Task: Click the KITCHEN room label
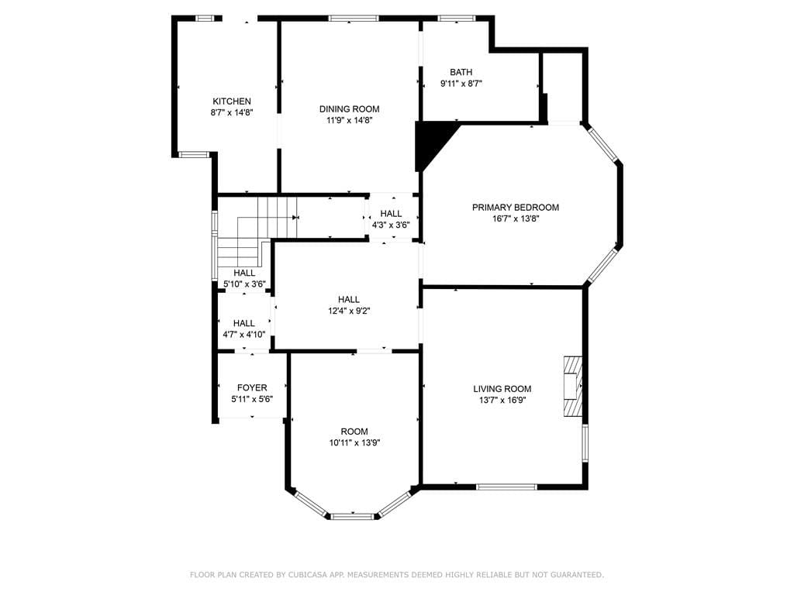(232, 101)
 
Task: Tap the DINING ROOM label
(349, 109)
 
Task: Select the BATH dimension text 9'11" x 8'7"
(461, 84)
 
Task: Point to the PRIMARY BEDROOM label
(516, 208)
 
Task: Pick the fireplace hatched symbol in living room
(572, 387)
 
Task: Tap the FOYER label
(252, 387)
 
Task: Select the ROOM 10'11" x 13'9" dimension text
(354, 443)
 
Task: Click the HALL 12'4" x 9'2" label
(348, 300)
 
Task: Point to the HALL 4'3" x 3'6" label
(391, 214)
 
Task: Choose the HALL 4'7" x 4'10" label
(244, 324)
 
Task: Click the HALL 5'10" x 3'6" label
(244, 273)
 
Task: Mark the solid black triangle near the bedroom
(429, 143)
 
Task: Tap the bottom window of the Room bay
(353, 515)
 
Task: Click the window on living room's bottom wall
(506, 487)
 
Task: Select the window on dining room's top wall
(354, 18)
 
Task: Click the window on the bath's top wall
(457, 18)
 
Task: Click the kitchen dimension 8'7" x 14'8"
(232, 112)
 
